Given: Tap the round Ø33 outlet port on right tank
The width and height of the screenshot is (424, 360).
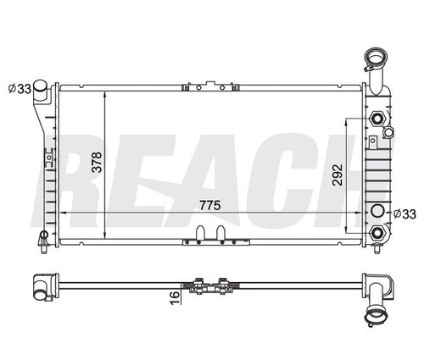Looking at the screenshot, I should click(377, 211).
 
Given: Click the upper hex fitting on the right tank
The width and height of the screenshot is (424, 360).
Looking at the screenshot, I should click(377, 119).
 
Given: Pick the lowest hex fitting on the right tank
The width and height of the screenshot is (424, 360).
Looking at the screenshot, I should click(377, 230).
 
